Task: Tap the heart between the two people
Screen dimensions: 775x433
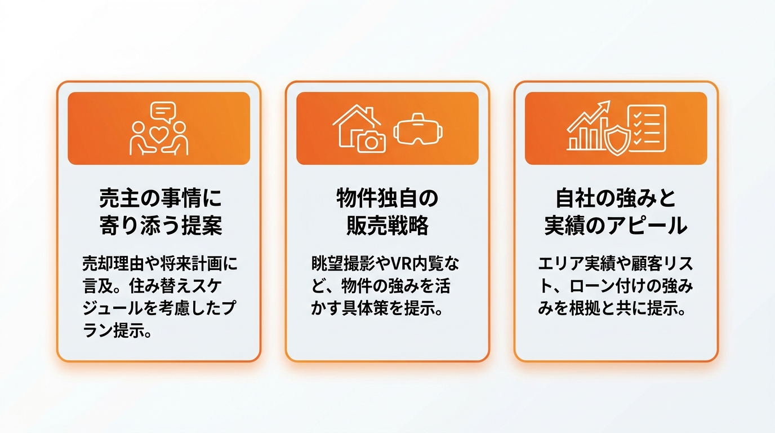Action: pos(159,134)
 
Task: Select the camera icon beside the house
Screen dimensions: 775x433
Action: pos(371,142)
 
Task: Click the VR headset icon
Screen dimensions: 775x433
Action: pos(418,130)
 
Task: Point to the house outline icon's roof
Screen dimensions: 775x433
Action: pos(357,115)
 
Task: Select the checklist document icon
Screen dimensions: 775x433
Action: pos(648,128)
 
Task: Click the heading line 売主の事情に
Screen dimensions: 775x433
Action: pos(160,198)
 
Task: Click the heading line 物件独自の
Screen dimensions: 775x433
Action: pos(387,198)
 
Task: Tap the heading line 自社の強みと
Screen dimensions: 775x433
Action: pos(616,198)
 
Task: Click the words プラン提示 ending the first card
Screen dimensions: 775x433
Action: pos(117,332)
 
